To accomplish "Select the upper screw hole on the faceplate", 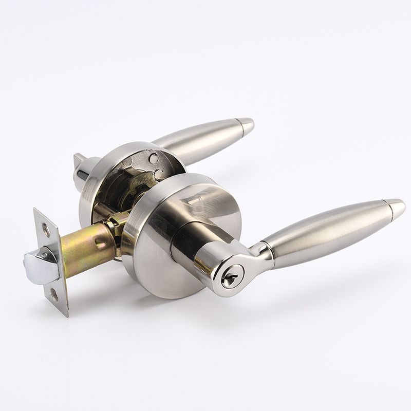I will pos(46,230).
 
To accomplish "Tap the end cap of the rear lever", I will pos(246,125).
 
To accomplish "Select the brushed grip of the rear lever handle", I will pos(200,141).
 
